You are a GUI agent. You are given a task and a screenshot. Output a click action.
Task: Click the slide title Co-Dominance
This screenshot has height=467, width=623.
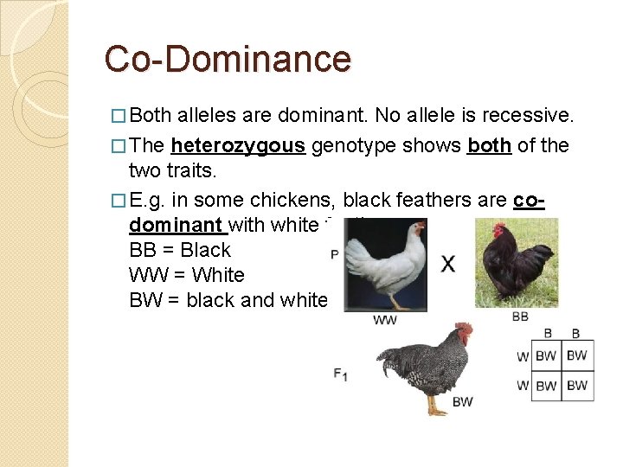pos(228,60)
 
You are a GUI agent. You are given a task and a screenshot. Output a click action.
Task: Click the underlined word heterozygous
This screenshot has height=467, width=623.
pos(238,145)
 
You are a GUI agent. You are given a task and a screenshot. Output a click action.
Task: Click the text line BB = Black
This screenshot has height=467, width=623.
pos(180,251)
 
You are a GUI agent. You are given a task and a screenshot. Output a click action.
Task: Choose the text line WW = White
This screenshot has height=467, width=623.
pos(187,276)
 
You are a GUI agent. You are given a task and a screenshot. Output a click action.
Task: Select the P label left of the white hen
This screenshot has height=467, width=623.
pos(335,254)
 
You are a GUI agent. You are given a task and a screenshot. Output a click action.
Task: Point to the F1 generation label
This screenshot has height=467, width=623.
pos(340,374)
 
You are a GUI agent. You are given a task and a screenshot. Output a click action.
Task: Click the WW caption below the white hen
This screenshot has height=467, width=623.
pos(385,320)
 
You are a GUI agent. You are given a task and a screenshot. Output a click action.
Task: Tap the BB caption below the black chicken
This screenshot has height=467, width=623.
pos(520,317)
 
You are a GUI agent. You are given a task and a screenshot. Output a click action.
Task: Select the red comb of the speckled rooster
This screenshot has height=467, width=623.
pos(466,329)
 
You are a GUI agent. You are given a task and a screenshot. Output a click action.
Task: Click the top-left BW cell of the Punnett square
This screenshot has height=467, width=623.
pos(546,355)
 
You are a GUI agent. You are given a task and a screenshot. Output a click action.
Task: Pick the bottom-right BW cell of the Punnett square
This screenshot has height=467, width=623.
pos(577,385)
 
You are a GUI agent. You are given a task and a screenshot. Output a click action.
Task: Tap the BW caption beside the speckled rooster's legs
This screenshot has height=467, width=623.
pos(462,401)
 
